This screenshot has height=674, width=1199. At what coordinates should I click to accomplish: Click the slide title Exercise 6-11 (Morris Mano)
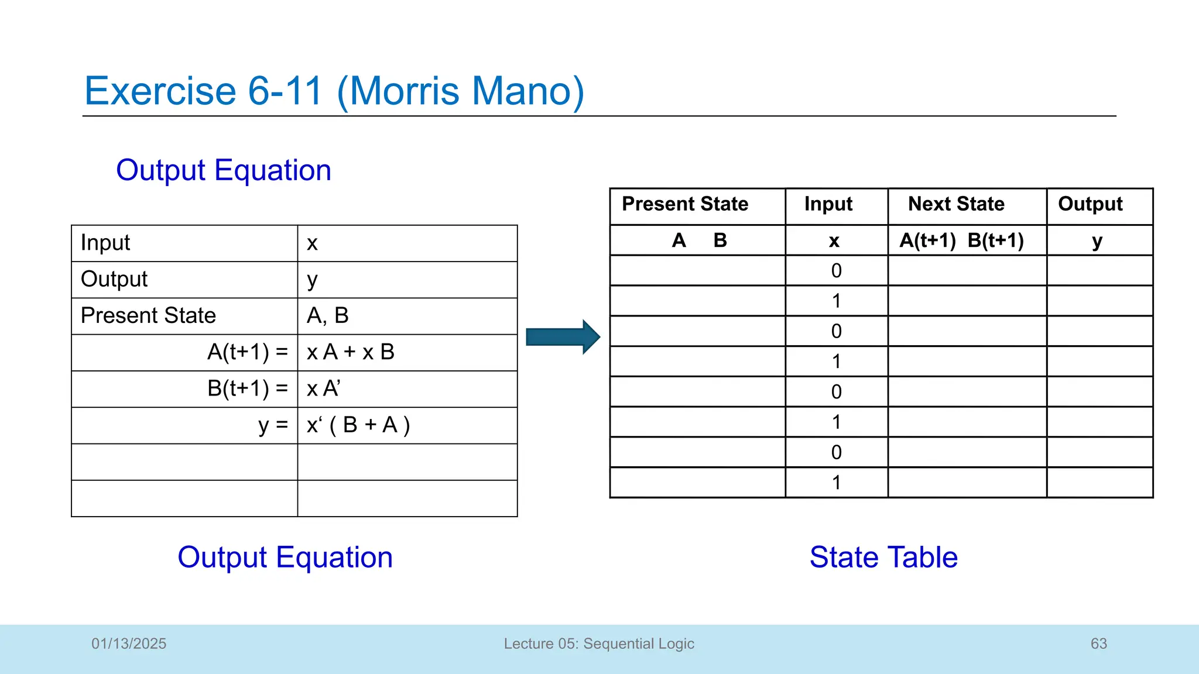(x=334, y=91)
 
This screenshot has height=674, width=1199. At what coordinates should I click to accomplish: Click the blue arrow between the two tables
(x=563, y=337)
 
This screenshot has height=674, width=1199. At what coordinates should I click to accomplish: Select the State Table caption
(x=883, y=557)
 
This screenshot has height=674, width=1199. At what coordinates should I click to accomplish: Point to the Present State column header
(x=685, y=204)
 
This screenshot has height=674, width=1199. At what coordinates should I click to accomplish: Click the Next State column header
(x=955, y=204)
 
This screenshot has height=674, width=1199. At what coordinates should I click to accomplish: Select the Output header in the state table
(x=1090, y=204)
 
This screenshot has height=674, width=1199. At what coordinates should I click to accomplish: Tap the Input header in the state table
(x=828, y=204)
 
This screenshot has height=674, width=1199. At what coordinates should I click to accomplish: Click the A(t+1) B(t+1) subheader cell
(x=961, y=240)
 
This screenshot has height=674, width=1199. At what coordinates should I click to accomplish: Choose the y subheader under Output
(x=1097, y=240)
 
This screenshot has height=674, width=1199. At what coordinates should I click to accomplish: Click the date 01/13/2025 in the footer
(x=129, y=644)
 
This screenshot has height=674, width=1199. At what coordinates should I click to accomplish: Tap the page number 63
(x=1098, y=644)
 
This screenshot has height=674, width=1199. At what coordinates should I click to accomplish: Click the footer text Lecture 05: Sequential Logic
(x=599, y=644)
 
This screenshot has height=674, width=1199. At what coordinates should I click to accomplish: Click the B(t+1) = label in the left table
(x=247, y=388)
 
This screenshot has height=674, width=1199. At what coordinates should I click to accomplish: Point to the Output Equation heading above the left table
(x=224, y=170)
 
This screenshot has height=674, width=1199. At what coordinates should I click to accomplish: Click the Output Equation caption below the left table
(x=285, y=557)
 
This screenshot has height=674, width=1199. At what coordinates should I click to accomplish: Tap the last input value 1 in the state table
(x=836, y=483)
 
